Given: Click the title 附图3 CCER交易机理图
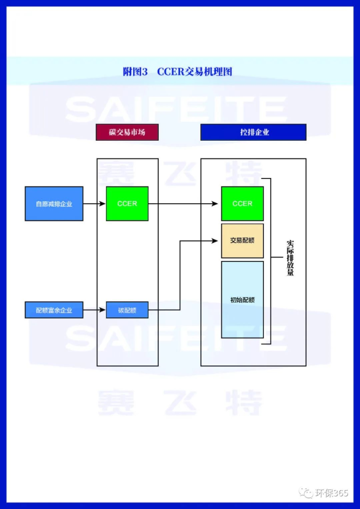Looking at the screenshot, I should [x=178, y=72].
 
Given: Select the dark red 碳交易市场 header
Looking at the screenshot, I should [x=127, y=132].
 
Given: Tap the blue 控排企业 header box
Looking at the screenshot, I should [x=253, y=132].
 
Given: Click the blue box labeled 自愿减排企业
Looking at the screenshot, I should [x=54, y=204].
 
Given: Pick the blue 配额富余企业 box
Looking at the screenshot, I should [x=54, y=310].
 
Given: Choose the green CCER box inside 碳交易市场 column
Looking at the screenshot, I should [x=127, y=204].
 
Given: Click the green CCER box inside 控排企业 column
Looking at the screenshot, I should [x=242, y=204].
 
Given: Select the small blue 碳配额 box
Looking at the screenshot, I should [x=127, y=310].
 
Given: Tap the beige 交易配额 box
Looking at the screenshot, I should [x=242, y=241].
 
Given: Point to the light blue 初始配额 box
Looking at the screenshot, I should [x=242, y=300].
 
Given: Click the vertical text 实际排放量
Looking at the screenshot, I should [x=290, y=258].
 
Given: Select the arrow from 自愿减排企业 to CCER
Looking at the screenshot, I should [x=94, y=204].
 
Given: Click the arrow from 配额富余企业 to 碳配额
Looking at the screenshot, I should [x=94, y=310].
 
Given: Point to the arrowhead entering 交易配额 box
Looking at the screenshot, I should [x=217, y=241].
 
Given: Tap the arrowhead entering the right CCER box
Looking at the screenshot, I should [x=216, y=204].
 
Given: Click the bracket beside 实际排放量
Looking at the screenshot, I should [x=270, y=258].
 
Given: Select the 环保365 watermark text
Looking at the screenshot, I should [x=332, y=493].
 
